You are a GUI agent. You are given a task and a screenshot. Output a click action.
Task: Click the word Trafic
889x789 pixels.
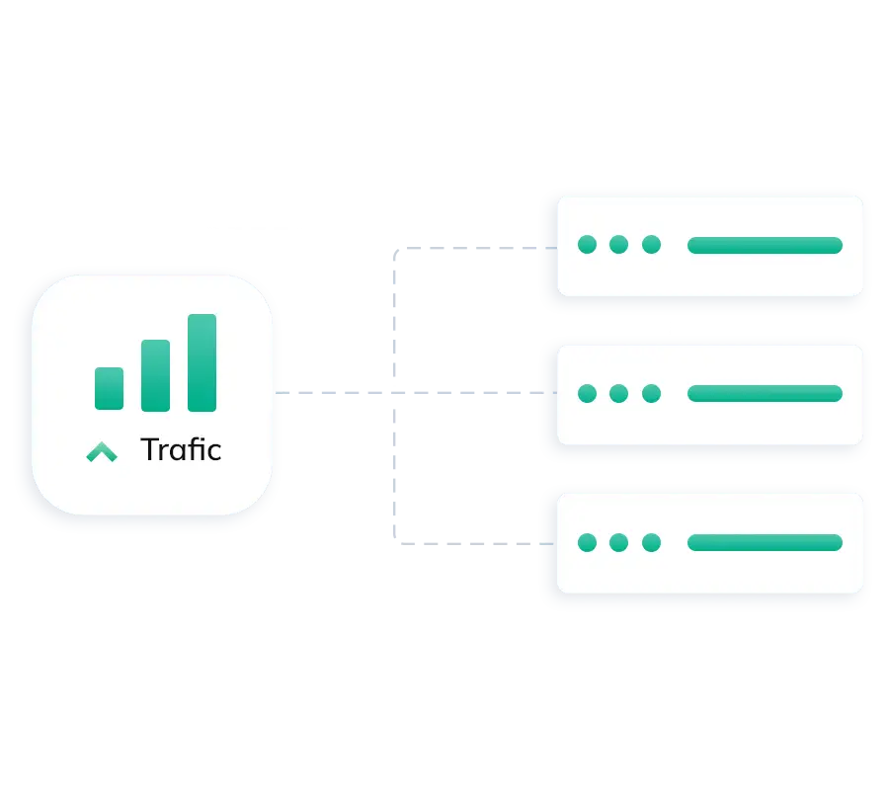181,450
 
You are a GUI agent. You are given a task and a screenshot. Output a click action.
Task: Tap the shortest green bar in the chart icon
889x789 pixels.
109,388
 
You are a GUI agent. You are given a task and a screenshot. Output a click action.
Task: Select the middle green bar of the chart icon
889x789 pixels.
155,375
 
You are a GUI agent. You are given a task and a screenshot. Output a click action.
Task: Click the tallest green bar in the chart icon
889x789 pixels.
202,362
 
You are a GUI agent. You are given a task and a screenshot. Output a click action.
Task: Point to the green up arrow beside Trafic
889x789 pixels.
101,452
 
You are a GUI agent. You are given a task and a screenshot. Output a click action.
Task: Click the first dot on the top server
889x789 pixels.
587,245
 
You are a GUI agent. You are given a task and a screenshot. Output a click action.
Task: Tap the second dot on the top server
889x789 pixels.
618,245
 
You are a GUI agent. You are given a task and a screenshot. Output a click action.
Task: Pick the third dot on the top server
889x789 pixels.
650,245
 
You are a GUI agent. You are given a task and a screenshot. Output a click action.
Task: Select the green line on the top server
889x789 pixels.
765,245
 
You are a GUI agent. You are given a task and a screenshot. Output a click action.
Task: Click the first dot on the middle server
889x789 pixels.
587,393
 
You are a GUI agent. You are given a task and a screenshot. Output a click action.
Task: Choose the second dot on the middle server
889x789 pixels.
618,393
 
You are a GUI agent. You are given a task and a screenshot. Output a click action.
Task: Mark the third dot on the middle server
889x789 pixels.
650,393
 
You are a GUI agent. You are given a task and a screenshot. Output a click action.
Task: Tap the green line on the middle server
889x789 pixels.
765,393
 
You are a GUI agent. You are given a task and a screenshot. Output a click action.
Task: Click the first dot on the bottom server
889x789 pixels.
587,542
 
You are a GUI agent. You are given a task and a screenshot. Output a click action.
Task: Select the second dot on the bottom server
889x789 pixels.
618,542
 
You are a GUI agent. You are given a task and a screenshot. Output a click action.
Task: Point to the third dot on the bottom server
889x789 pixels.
650,542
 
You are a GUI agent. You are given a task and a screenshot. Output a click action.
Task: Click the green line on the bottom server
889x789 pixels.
765,542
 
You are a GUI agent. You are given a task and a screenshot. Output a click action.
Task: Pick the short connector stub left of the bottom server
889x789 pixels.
546,542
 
